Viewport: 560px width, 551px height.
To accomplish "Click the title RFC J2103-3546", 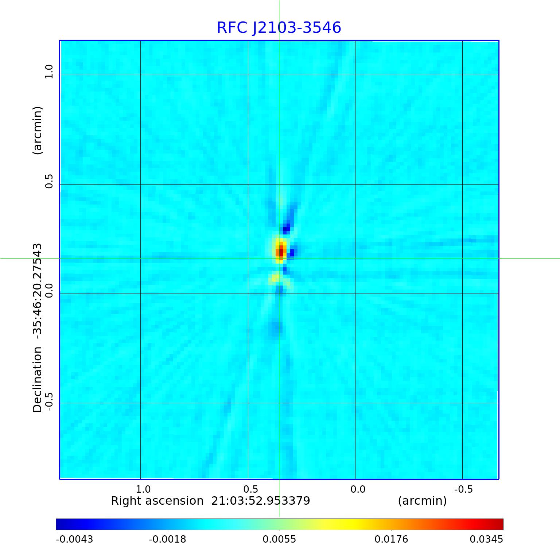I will click(x=279, y=28).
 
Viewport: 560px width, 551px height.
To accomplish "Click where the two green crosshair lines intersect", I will click(x=280, y=258).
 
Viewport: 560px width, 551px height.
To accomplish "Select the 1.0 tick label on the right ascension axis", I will click(x=143, y=489).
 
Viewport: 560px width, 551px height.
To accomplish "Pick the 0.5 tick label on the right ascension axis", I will click(x=250, y=489).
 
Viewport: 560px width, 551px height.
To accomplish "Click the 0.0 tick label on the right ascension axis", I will click(x=358, y=489).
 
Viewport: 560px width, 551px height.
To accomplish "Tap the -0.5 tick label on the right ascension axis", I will click(x=463, y=489).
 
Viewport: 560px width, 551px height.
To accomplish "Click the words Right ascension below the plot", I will click(x=157, y=501).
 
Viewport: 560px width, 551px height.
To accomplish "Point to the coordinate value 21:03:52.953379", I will click(x=261, y=501).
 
